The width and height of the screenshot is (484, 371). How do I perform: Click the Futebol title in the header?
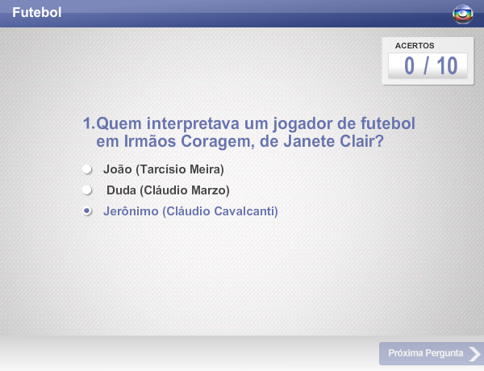(37, 12)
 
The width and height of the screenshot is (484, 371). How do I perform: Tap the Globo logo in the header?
(463, 15)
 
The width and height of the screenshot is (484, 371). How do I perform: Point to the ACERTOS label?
(415, 46)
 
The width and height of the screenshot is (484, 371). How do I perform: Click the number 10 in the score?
(447, 66)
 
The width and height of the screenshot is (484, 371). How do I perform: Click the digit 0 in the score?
(409, 66)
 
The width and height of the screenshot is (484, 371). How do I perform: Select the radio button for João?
(87, 169)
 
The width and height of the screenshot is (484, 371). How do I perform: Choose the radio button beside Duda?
(87, 190)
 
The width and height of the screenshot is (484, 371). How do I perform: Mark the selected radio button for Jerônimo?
(87, 211)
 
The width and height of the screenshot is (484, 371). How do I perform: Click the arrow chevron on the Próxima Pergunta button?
(475, 354)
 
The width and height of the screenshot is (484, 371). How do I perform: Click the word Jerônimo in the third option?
(131, 211)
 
